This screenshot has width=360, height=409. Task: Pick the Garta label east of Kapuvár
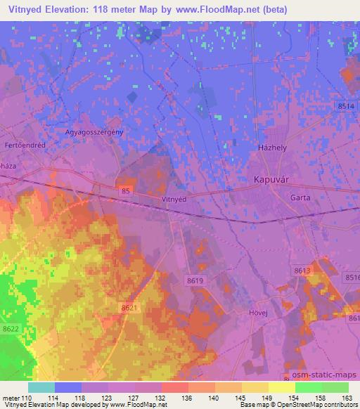(x=300, y=197)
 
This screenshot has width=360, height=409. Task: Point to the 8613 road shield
(x=302, y=270)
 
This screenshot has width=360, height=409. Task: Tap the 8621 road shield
(x=129, y=308)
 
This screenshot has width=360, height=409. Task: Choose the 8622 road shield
(x=10, y=328)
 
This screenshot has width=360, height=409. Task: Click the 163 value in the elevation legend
(x=347, y=397)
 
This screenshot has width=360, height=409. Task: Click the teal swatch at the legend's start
(x=41, y=387)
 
